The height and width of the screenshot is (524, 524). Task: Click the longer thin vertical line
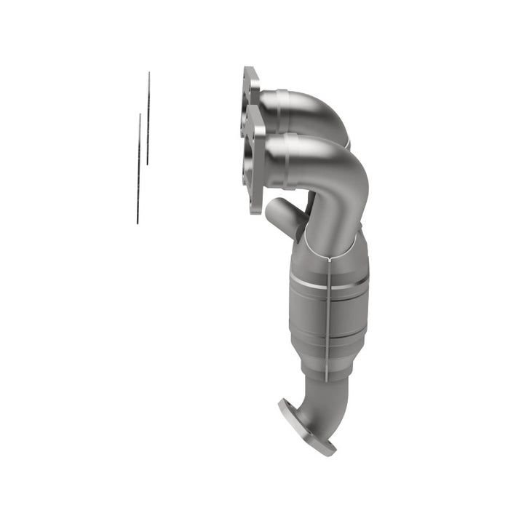(138, 167)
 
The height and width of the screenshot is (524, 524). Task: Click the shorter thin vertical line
(148, 118)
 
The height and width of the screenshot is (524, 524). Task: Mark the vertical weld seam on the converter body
(328, 313)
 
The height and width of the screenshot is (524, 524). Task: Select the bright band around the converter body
(327, 282)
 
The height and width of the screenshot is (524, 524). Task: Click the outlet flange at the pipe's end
(306, 429)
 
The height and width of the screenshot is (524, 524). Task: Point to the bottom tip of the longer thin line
(137, 223)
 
